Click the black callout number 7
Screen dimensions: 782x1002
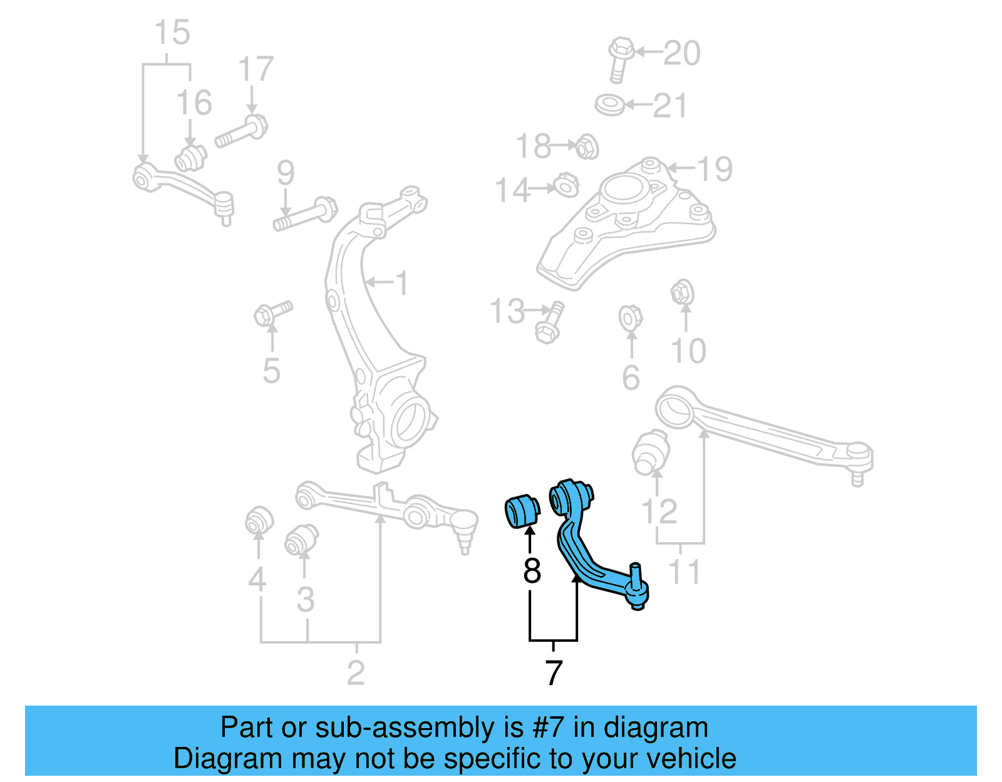tap(554, 673)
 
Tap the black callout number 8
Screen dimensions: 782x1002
tap(532, 570)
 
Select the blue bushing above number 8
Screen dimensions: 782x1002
tap(521, 511)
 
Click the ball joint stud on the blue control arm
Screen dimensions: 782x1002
tap(636, 573)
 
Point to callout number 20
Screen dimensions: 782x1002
tap(682, 53)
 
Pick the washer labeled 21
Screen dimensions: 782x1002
tap(609, 105)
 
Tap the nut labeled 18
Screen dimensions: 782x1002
tap(587, 147)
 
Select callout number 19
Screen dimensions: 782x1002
tap(715, 169)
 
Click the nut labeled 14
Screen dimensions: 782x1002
tap(566, 185)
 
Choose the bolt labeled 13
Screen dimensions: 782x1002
tap(549, 323)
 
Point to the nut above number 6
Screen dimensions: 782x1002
tap(630, 317)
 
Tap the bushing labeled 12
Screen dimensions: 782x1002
tap(651, 453)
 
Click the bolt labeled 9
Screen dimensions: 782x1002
tap(306, 214)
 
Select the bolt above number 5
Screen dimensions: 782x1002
tap(273, 312)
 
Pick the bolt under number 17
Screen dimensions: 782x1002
tap(242, 131)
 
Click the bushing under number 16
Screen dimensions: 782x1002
tap(190, 158)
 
